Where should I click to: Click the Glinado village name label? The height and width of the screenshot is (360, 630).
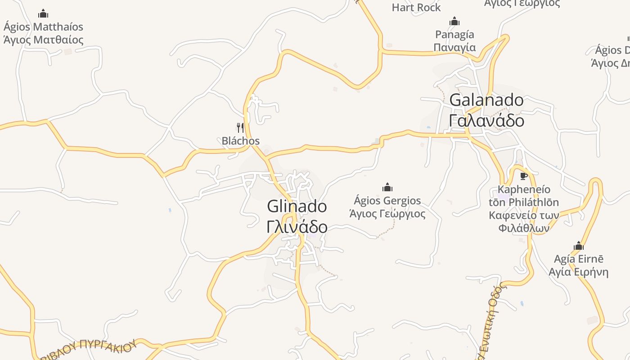[297, 207]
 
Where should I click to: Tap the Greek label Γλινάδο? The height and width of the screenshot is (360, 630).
[297, 227]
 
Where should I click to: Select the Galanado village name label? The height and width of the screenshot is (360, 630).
[486, 100]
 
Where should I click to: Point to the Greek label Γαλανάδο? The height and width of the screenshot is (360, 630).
[486, 121]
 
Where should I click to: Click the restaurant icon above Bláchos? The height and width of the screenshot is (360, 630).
[240, 128]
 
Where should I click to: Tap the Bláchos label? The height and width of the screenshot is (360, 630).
[241, 141]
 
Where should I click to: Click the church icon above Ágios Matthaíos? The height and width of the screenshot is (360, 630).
[43, 13]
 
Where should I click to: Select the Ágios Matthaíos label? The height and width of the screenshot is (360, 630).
[43, 27]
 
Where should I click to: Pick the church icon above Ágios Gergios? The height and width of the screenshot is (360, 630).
[387, 187]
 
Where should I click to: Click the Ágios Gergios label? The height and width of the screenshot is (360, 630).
[387, 200]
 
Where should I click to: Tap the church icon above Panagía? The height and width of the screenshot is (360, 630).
[454, 21]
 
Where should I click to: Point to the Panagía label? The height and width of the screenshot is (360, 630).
[454, 35]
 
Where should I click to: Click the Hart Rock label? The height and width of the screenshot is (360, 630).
[416, 8]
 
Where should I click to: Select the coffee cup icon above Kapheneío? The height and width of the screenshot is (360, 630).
[523, 176]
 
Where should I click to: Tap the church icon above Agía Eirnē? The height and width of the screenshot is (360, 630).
[579, 246]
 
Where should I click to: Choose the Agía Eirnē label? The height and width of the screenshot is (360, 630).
[579, 259]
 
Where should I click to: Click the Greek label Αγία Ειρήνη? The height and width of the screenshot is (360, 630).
[579, 272]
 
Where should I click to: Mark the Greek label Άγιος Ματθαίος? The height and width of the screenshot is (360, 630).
[43, 39]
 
